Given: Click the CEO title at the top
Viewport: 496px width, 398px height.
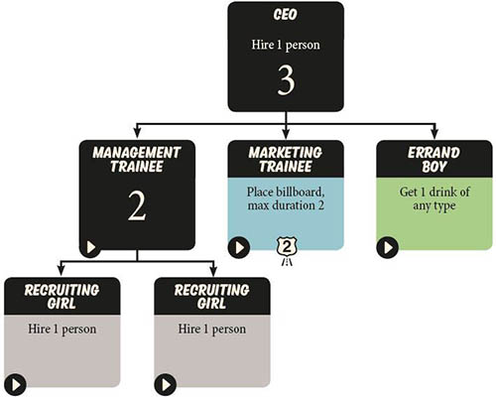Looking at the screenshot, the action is pyautogui.click(x=286, y=15).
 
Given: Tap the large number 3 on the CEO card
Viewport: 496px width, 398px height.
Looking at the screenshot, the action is pyautogui.click(x=286, y=79).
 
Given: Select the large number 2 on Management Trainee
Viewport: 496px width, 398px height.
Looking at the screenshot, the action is pyautogui.click(x=137, y=206).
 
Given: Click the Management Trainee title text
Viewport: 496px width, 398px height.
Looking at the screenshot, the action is pyautogui.click(x=137, y=160).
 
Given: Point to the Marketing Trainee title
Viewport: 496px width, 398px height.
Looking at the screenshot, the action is pyautogui.click(x=286, y=160).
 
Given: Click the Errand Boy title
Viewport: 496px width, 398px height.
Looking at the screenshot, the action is pyautogui.click(x=434, y=160).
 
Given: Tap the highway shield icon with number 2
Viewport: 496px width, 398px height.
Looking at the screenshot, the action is pyautogui.click(x=287, y=249).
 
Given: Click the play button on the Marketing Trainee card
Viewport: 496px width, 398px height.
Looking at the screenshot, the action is pyautogui.click(x=239, y=247).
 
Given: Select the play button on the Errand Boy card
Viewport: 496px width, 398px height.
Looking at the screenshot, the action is pyautogui.click(x=388, y=247).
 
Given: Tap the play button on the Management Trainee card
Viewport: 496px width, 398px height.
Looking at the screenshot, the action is pyautogui.click(x=90, y=247).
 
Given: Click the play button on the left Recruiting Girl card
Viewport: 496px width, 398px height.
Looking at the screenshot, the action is pyautogui.click(x=16, y=384).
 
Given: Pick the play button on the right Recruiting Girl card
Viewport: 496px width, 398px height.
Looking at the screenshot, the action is pyautogui.click(x=166, y=384).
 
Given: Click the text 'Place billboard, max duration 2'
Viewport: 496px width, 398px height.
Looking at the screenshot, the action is pyautogui.click(x=286, y=199).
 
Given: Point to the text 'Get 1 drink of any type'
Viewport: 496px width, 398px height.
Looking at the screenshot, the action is pyautogui.click(x=434, y=199).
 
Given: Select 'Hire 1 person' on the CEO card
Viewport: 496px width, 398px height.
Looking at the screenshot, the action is pyautogui.click(x=286, y=45).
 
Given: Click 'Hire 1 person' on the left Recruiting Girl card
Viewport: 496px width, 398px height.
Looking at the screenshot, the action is pyautogui.click(x=62, y=329).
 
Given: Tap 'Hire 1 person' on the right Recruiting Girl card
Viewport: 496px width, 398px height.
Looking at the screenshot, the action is pyautogui.click(x=212, y=329).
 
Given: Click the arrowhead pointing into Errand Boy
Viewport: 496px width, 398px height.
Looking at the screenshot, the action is pyautogui.click(x=434, y=133).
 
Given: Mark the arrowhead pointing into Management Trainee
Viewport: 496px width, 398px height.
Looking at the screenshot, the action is pyautogui.click(x=138, y=133).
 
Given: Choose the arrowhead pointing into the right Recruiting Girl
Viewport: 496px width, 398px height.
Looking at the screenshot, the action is pyautogui.click(x=213, y=271).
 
